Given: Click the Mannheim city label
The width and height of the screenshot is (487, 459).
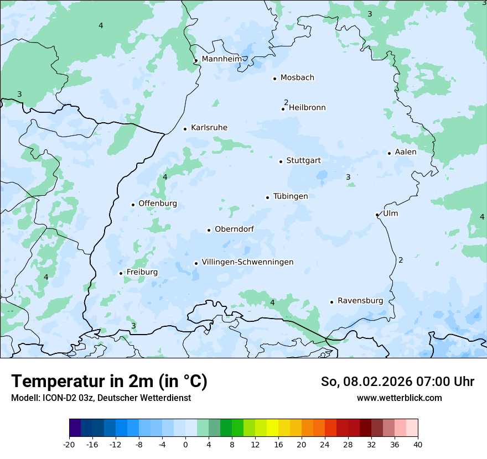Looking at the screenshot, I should (221, 59).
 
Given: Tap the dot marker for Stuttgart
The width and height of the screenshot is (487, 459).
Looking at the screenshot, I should (281, 161).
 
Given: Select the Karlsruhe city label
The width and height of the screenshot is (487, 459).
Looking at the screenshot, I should (209, 128).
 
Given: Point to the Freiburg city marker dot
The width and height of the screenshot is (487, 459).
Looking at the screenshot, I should (121, 273).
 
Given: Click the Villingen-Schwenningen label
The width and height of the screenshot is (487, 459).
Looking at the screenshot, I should (247, 262).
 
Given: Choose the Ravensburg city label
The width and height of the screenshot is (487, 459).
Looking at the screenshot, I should (360, 301).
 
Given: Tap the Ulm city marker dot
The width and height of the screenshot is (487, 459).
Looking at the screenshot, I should (377, 215).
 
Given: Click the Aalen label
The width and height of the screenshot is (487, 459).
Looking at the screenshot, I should (406, 152).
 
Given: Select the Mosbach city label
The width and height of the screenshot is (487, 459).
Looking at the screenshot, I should (297, 78).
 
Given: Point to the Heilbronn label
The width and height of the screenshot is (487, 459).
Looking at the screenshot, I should (307, 108).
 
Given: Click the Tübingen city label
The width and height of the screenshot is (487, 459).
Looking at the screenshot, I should (291, 196).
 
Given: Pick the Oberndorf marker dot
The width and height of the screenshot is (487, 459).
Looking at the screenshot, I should (209, 230).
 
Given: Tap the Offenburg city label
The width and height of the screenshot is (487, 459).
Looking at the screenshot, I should (158, 204).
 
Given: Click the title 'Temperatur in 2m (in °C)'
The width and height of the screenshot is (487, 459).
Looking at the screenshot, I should (110, 382).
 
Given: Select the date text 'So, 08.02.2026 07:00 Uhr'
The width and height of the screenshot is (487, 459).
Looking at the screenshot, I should (397, 382).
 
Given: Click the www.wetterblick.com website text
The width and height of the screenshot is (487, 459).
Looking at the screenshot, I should (399, 398).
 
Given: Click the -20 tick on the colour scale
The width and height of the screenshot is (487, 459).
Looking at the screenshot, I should (69, 445).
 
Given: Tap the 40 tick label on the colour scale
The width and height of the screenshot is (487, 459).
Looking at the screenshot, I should (417, 445).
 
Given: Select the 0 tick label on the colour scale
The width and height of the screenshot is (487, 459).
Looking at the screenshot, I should (185, 445).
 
